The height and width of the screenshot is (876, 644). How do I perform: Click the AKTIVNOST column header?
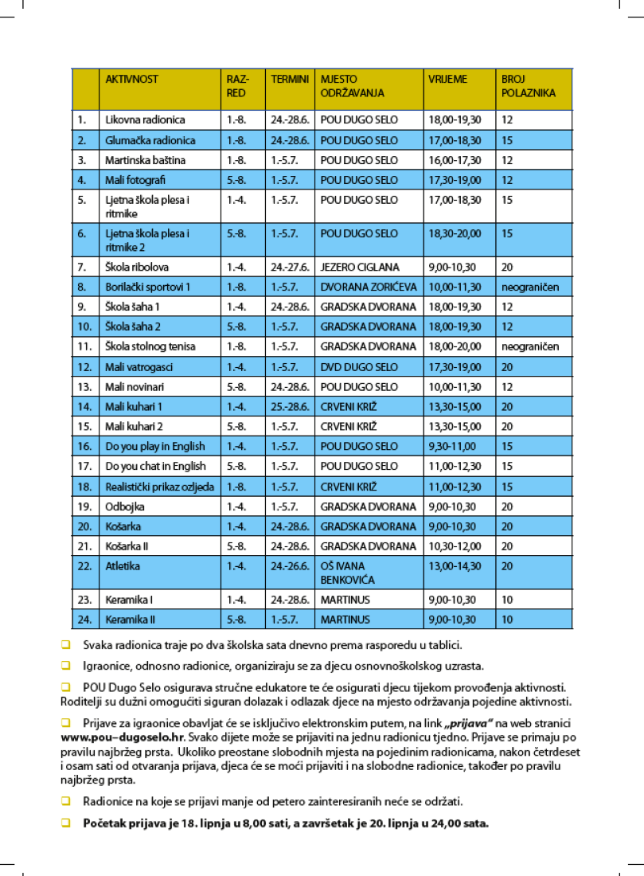point(132,80)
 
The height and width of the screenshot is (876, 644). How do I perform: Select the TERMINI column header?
point(290,80)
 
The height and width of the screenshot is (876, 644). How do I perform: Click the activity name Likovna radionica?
point(145,120)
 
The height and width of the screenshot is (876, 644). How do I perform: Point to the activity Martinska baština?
point(146,160)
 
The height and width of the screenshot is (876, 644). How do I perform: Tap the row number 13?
point(82,387)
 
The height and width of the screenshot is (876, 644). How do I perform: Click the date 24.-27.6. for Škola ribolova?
point(288,267)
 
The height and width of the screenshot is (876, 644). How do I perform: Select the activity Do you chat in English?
point(155,466)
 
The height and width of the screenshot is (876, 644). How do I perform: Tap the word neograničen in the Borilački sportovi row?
point(530,287)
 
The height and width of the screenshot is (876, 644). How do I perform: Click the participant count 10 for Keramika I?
point(507,600)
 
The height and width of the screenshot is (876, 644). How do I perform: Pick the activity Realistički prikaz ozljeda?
point(159,487)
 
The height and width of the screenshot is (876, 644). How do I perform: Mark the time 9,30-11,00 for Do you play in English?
point(452,447)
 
